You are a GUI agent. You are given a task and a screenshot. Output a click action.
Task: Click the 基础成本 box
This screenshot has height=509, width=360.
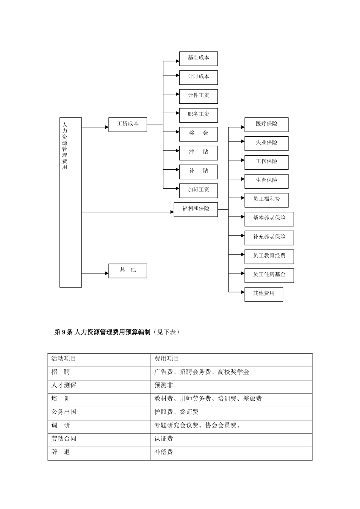coord(198,59)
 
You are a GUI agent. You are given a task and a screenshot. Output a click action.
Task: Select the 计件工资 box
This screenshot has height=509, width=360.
coord(198,96)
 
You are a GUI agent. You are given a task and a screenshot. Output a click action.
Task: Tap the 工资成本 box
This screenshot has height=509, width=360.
coord(128,125)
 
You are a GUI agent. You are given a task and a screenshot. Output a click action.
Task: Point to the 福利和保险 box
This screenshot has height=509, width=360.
coord(196,209)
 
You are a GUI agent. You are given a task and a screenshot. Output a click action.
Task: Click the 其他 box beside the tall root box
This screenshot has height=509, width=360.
coord(128,271)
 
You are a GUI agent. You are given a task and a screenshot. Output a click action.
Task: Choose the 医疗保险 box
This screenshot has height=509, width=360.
coord(266,125)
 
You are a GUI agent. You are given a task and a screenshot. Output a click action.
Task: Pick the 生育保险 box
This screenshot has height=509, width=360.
coord(266,181)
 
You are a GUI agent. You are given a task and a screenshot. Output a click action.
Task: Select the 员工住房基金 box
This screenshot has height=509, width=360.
coord(269,275)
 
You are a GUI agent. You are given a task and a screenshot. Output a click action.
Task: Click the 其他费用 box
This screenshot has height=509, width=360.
coord(264,294)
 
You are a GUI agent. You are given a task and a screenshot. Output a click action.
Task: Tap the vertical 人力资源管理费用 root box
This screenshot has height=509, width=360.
coord(70,202)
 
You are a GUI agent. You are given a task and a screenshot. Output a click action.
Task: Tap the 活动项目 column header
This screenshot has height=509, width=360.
coord(64,358)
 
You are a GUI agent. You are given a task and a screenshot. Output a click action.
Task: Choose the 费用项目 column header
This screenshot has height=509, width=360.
coord(167,358)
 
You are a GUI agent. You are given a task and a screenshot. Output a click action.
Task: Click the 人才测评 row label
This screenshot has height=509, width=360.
coord(64,385)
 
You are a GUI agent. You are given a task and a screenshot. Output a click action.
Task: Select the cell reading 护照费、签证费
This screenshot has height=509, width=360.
coord(176,412)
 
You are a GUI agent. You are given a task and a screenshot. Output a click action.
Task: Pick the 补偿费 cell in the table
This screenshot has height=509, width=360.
coord(164,452)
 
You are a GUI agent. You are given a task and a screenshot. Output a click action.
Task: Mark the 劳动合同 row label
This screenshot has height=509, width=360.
coord(64,439)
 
